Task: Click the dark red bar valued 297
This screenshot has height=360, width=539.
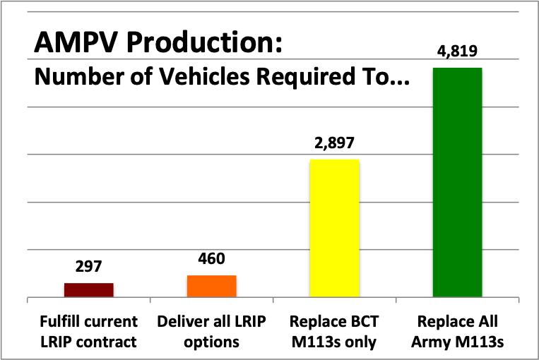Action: [x=88, y=290]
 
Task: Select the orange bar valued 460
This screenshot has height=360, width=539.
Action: [x=211, y=286]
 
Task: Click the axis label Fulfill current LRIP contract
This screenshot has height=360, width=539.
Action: [x=88, y=331]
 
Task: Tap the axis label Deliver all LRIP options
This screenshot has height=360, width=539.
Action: [x=211, y=331]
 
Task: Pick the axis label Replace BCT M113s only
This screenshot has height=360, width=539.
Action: [x=334, y=331]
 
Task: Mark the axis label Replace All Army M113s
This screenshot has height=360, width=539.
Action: [x=457, y=331]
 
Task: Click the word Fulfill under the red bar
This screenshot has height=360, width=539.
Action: [x=61, y=322]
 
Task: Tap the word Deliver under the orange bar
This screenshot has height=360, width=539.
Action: [x=179, y=322]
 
